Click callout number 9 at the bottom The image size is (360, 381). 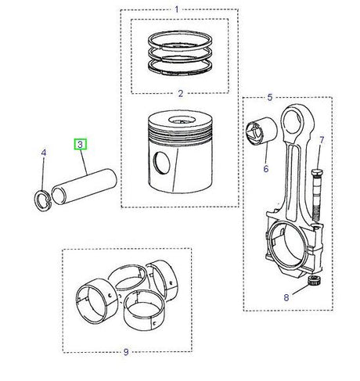point(125,352)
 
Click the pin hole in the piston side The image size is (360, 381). point(162,164)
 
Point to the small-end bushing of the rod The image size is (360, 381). point(257,131)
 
